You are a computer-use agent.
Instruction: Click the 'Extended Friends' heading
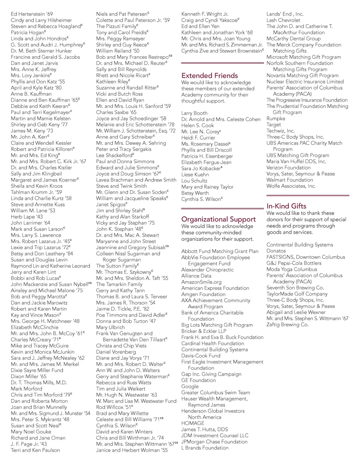210,76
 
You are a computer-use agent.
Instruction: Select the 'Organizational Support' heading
218,219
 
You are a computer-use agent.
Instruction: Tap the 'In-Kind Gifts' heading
286,206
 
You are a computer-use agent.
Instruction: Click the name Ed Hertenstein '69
32,14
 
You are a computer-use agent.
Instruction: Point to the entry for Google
190,387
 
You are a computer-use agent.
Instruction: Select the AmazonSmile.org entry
201,282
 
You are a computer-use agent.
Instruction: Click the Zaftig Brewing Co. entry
287,325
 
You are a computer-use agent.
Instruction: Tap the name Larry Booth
194,113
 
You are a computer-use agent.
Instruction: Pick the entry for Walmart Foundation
290,180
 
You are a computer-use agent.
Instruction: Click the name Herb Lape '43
27,217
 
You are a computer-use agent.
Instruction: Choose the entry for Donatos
276,251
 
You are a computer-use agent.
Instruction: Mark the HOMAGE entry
193,423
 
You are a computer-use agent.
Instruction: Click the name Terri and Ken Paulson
35,450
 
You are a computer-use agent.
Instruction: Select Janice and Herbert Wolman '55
132,450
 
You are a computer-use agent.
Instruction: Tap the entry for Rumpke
276,119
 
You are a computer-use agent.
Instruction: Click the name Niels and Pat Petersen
122,14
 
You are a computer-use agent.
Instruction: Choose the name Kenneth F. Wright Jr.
205,14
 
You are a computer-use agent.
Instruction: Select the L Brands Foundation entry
205,448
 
